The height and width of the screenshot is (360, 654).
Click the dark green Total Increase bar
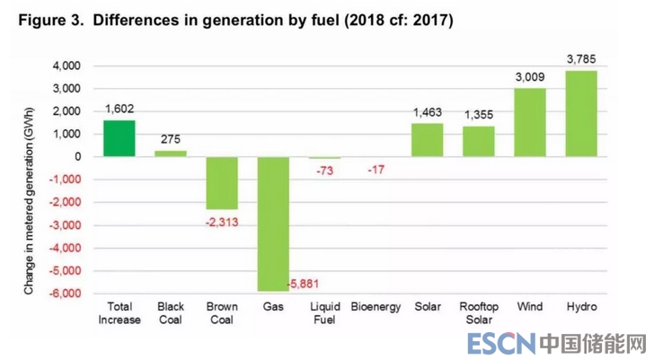[119, 138]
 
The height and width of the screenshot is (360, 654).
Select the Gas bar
[273, 224]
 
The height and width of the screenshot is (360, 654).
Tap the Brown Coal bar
[222, 182]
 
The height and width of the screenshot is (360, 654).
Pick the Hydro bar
[581, 113]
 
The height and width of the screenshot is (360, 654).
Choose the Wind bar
[530, 122]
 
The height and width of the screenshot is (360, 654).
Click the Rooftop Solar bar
[479, 141]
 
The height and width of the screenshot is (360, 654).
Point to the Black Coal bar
[171, 154]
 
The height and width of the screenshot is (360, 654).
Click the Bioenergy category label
[376, 308]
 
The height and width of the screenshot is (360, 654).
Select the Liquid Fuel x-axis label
[324, 314]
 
